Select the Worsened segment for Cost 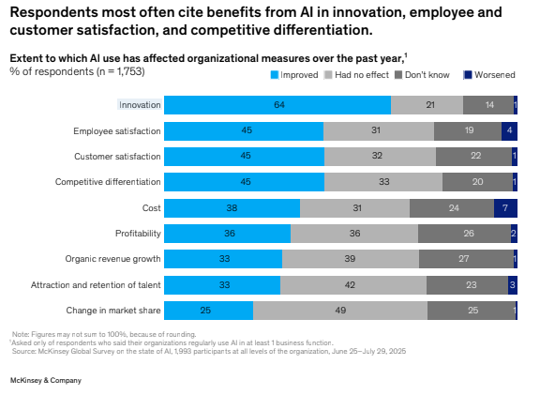[x=505, y=207]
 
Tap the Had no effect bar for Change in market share [x=340, y=311]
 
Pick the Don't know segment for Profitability [x=464, y=233]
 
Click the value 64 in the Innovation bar [x=278, y=105]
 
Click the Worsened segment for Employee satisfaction [x=509, y=130]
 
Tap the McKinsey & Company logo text [x=45, y=380]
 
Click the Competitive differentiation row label [x=108, y=182]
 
